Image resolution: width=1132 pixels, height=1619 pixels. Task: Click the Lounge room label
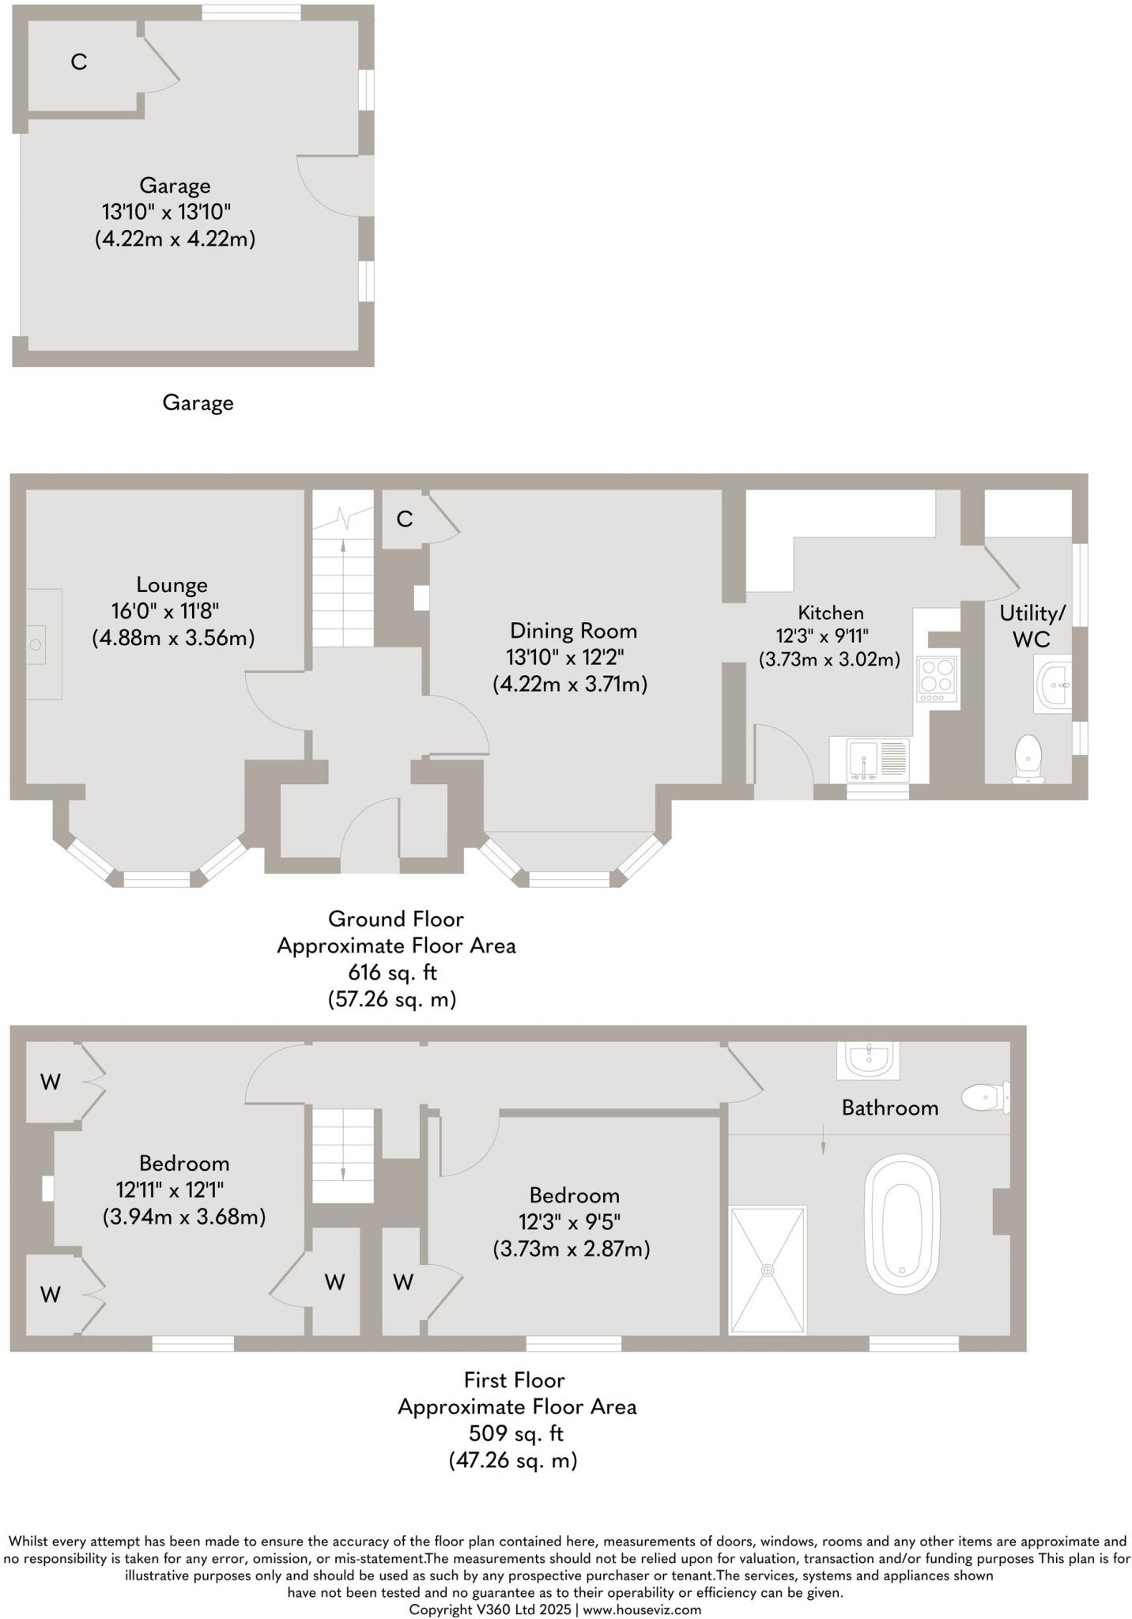pos(172,585)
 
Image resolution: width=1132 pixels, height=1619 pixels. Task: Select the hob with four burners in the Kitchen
pos(937,679)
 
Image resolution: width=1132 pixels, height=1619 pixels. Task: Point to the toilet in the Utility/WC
pos(1028,758)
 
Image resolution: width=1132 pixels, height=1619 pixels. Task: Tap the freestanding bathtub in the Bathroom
pos(902,1224)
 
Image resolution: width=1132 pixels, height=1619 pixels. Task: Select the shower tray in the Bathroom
pos(767,1270)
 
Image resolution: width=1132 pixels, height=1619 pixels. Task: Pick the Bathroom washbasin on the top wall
pos(868,1059)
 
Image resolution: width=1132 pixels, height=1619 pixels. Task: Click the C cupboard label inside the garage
pos(78,62)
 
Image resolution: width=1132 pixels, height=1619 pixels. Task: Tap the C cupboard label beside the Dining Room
pos(404,519)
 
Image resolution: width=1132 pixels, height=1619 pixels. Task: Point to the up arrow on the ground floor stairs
pos(342,545)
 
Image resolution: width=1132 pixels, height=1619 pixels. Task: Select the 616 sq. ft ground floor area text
pos(392,972)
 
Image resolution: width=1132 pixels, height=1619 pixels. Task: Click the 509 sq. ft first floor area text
pos(515,1433)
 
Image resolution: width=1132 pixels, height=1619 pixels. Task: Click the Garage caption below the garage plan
pos(198,403)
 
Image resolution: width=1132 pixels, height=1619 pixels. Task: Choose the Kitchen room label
pos(830,613)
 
